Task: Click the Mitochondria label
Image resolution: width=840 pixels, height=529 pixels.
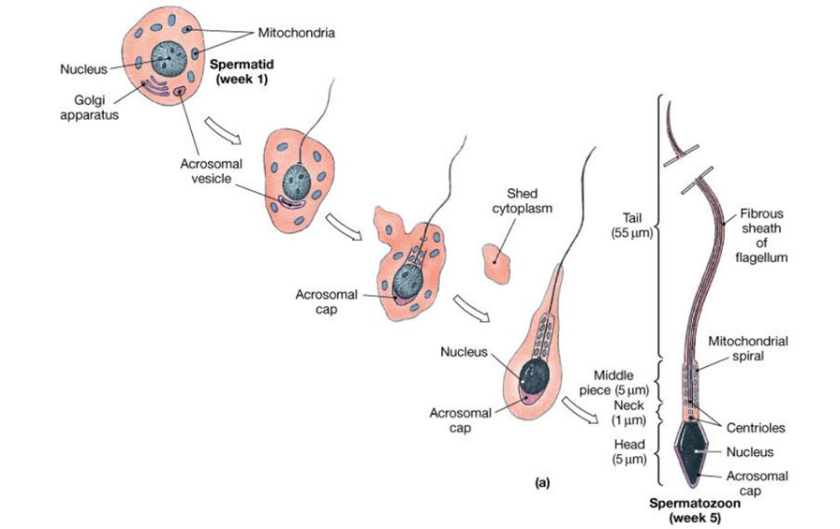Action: click(x=296, y=33)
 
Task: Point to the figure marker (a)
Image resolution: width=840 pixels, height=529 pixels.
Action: click(x=539, y=483)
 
